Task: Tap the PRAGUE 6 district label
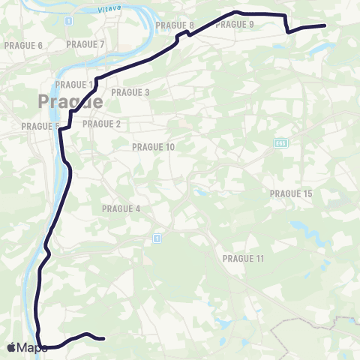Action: [x=23, y=46]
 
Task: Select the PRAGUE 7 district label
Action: [x=85, y=44]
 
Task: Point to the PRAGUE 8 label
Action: [x=175, y=25]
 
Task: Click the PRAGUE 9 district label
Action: [x=235, y=25]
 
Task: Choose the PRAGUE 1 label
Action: [x=74, y=84]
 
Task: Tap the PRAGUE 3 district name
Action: [x=130, y=92]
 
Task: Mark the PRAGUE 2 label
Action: [x=101, y=124]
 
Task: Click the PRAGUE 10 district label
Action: [x=153, y=147]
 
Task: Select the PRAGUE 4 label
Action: [x=121, y=208]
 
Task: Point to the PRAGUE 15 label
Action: [x=290, y=193]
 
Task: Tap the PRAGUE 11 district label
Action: [x=244, y=258]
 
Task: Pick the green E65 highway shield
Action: [x=281, y=144]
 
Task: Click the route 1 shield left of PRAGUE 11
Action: [x=157, y=238]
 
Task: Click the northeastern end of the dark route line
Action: [x=324, y=25]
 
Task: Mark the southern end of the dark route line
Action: [x=102, y=338]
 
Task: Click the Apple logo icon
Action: [x=10, y=347]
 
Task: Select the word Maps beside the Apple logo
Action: [x=32, y=348]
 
